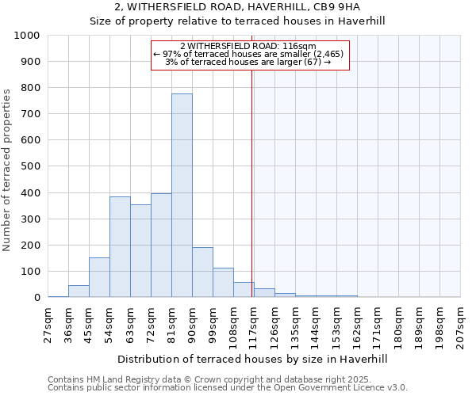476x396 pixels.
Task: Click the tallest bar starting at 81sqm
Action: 182,196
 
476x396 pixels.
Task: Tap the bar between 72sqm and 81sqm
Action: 161,246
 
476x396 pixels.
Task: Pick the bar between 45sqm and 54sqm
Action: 99,277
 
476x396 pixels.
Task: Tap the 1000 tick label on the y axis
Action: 27,36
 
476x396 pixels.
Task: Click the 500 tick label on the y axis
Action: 30,166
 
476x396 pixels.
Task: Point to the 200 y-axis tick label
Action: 30,246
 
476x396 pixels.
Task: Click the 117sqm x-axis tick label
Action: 255,326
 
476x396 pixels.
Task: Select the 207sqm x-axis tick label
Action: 461,326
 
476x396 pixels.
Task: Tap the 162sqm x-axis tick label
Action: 358,326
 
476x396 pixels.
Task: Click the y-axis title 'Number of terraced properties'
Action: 7,169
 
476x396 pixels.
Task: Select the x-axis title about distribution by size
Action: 252,359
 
